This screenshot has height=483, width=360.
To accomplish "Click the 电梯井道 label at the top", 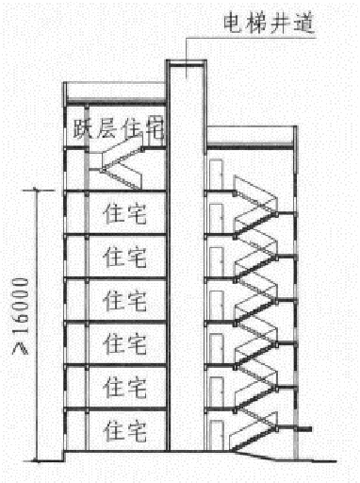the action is pos(255,19).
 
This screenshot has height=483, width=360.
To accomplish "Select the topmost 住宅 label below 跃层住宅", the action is pos(124,213).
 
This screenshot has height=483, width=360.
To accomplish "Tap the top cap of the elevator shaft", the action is pos(186,64).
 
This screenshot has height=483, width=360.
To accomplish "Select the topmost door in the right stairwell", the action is pos(216,174).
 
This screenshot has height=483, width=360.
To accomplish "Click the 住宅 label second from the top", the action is pos(124,256).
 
